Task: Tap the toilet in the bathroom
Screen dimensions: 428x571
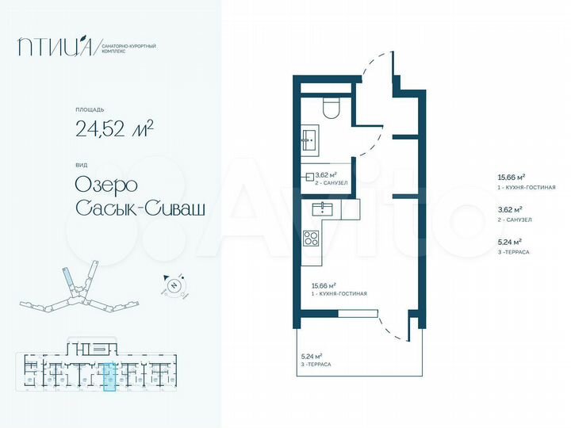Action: point(331,107)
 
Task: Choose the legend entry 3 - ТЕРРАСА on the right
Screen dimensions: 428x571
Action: point(512,251)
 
